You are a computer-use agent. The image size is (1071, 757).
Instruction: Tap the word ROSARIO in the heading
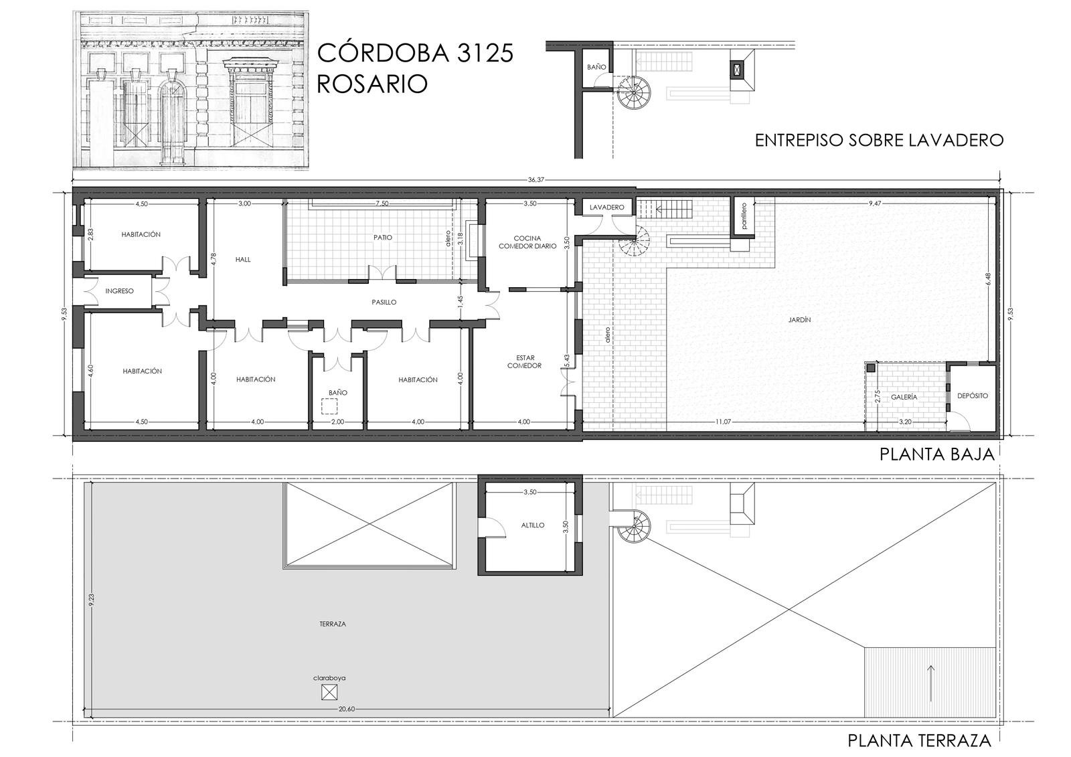[372, 84]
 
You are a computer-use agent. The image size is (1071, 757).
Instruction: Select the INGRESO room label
[120, 290]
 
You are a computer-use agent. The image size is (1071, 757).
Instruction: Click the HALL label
[243, 260]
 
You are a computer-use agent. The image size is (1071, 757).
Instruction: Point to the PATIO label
[383, 237]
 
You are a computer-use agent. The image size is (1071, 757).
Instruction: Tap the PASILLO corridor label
[384, 303]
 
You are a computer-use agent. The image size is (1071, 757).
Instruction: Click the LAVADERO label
[606, 207]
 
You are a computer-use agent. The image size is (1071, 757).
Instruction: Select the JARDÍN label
[799, 320]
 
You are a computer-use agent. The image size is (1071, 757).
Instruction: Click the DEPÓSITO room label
[973, 396]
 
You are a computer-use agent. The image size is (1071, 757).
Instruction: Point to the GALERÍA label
[904, 397]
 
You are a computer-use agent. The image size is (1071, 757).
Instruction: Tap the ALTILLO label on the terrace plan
[533, 525]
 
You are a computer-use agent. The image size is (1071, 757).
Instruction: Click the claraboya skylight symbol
[329, 693]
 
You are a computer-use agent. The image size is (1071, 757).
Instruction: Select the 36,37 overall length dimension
[536, 180]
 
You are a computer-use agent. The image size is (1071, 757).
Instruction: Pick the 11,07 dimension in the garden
[723, 422]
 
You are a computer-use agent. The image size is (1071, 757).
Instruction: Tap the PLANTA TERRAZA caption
[920, 741]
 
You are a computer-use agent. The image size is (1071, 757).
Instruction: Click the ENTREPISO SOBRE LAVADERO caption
[879, 140]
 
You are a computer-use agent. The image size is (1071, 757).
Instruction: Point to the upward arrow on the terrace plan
[931, 683]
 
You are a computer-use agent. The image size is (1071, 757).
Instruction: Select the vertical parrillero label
[744, 217]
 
